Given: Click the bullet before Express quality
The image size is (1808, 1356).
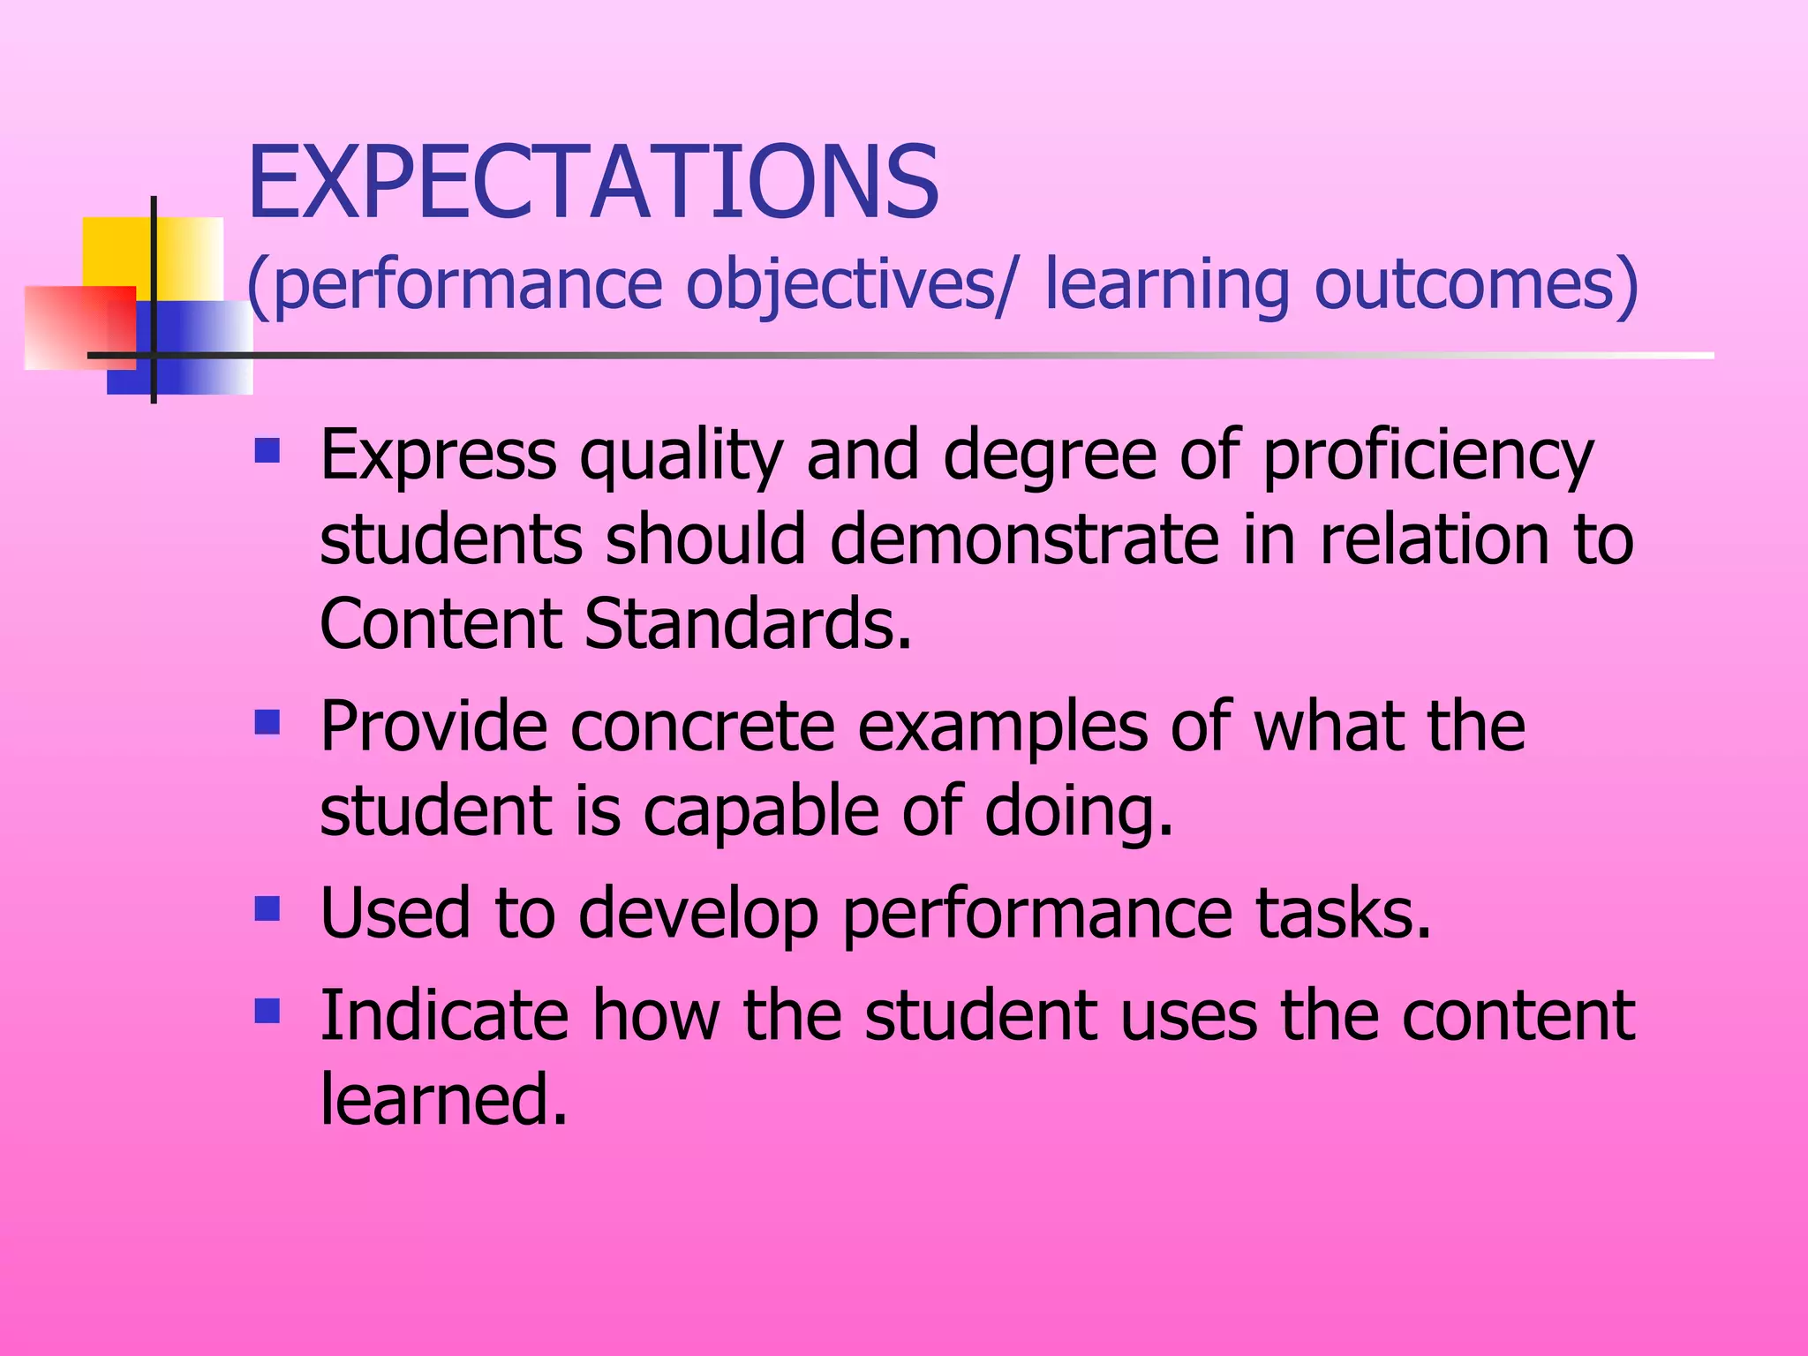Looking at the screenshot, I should point(267,452).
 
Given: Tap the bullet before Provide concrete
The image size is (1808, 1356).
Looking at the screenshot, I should point(267,723).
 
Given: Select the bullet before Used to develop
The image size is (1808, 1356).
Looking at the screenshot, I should point(267,908).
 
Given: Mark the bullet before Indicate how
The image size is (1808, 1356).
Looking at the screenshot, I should point(267,1010).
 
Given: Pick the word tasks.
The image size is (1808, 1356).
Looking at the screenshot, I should point(1343,913).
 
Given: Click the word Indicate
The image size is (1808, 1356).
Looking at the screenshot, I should point(444,1015).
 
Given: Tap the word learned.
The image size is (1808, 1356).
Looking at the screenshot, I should point(442,1099).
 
